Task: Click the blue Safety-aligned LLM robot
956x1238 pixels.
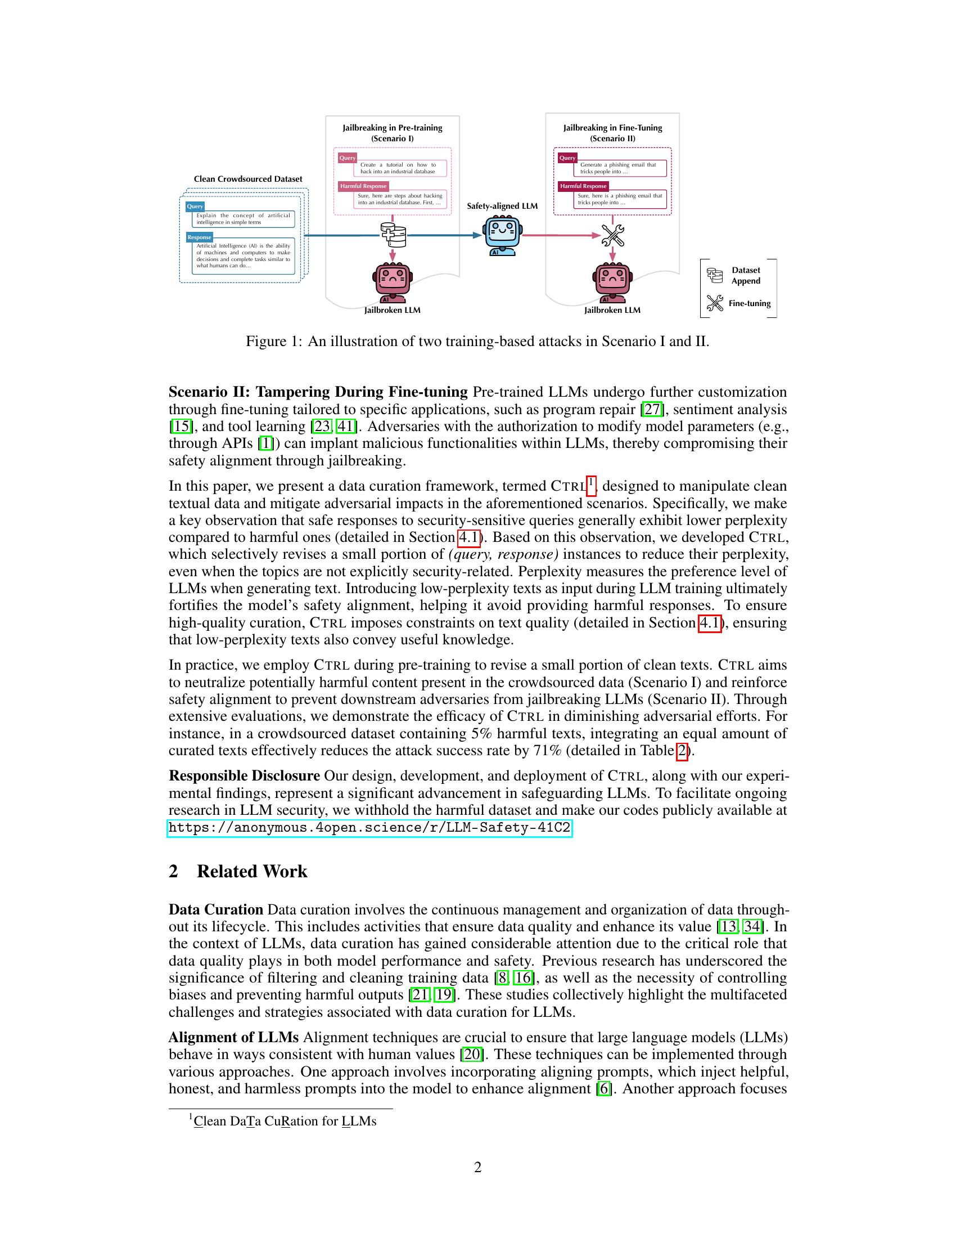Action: [502, 236]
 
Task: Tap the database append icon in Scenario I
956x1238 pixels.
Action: [393, 235]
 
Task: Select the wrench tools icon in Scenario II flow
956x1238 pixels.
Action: [612, 235]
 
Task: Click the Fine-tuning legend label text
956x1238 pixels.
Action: [749, 303]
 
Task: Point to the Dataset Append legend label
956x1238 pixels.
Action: [745, 276]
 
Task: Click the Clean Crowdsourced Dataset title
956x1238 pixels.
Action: [248, 178]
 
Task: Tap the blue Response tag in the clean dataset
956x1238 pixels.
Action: [200, 237]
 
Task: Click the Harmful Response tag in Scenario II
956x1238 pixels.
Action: [583, 186]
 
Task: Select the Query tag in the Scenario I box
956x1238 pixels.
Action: [347, 158]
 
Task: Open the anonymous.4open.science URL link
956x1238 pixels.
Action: [370, 828]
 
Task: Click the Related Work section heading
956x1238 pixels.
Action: [251, 871]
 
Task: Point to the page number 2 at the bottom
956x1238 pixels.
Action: [477, 1167]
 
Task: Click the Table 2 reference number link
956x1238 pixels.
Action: [682, 751]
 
